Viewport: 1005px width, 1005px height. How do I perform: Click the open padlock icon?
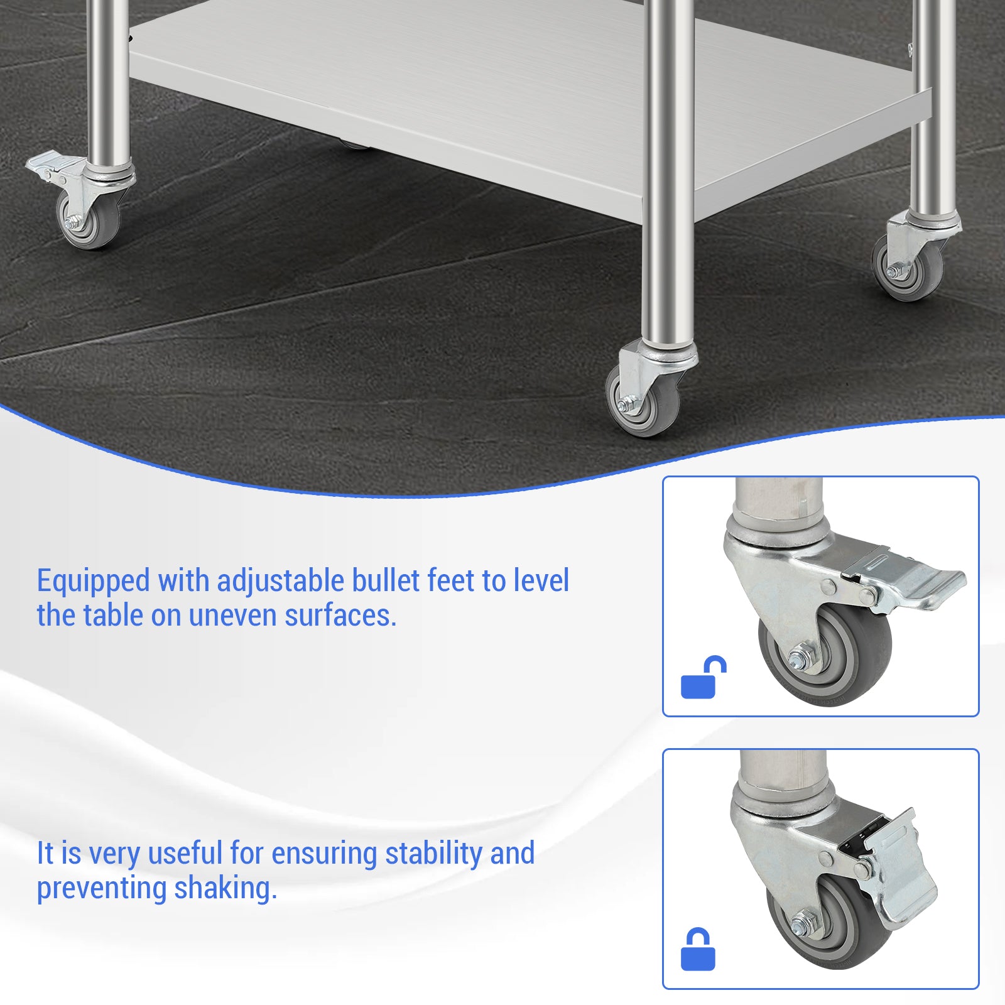pyautogui.click(x=702, y=678)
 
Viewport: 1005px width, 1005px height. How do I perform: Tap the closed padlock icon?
pyautogui.click(x=698, y=950)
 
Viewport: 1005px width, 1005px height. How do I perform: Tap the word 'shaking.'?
pyautogui.click(x=225, y=888)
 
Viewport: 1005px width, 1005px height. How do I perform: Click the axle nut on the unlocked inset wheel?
pyautogui.click(x=798, y=660)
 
